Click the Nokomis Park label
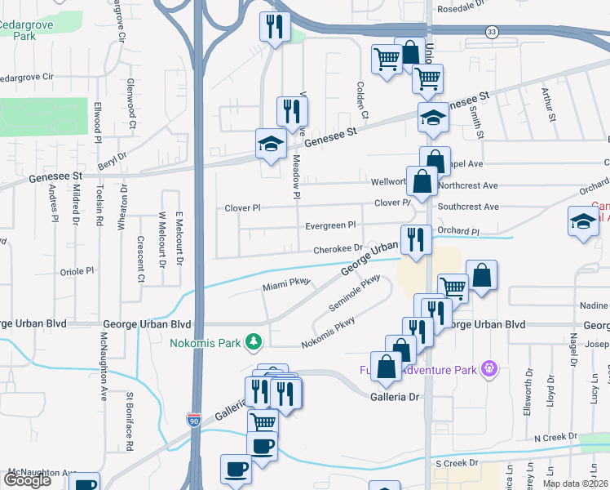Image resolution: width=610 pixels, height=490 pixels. pyautogui.click(x=206, y=343)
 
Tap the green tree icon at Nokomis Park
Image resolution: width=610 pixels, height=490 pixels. pyautogui.click(x=254, y=341)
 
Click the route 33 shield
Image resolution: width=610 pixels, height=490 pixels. pyautogui.click(x=491, y=31)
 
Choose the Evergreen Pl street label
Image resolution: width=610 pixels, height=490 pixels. pyautogui.click(x=330, y=225)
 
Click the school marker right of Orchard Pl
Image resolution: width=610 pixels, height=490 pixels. pyautogui.click(x=583, y=222)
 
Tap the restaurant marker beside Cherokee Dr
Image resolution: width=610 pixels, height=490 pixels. pyautogui.click(x=415, y=240)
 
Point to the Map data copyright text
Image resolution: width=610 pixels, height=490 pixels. pyautogui.click(x=575, y=483)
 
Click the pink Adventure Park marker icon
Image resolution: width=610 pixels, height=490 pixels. pyautogui.click(x=488, y=369)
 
